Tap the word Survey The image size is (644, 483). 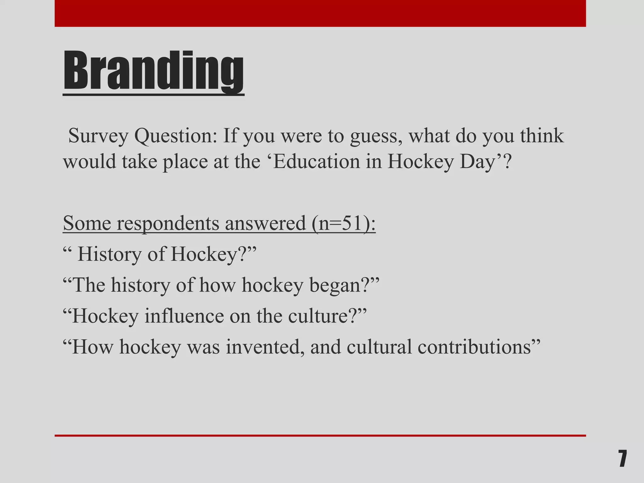coord(98,136)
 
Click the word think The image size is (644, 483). coord(542,136)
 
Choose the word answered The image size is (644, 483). coord(265,224)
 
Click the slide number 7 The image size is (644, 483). coord(622,459)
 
